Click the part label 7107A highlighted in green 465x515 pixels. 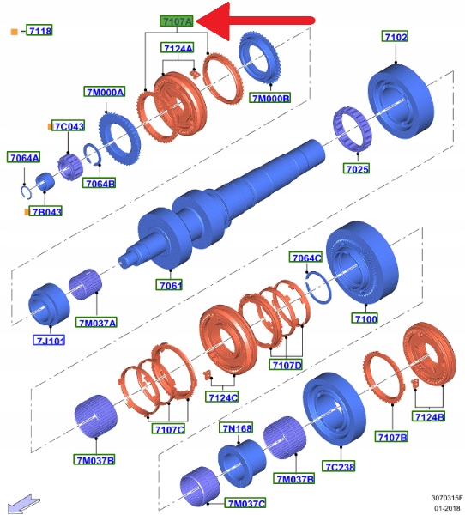click(177, 21)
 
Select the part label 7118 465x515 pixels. click(39, 31)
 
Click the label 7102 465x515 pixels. click(395, 36)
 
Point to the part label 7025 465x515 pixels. click(357, 168)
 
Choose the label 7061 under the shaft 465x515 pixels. click(169, 285)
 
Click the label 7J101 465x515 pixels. click(50, 340)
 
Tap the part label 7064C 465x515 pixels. click(305, 257)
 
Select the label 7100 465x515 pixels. click(365, 318)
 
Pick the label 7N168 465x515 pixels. click(236, 428)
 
